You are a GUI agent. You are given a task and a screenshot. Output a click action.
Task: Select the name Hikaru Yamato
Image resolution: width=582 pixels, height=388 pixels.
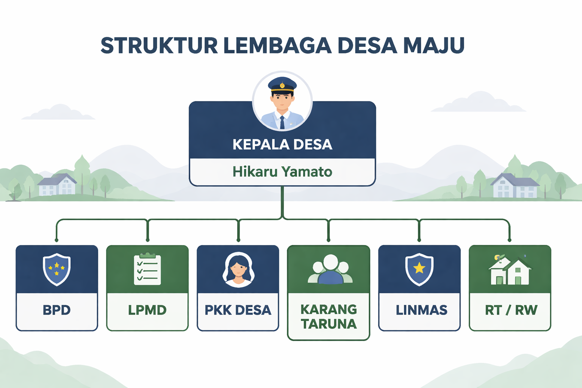282,172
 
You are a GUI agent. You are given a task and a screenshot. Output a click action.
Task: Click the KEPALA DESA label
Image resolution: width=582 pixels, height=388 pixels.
282,144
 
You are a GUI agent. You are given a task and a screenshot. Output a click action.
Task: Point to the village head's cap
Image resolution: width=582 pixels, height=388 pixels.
282,84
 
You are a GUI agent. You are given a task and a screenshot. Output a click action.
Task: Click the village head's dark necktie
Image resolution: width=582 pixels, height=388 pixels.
282,122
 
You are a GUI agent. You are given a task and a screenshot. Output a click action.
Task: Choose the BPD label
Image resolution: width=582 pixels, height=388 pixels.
57,310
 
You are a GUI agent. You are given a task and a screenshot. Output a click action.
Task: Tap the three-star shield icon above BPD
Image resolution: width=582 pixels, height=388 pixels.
57,269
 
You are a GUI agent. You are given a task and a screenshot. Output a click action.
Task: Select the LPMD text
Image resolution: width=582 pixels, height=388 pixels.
147,310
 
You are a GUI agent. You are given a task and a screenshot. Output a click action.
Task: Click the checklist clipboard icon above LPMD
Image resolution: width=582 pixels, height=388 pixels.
147,269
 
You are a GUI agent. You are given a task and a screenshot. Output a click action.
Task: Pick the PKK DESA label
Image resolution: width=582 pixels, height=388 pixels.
238,310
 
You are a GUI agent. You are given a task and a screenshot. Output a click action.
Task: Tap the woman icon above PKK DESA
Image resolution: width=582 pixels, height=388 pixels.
238,270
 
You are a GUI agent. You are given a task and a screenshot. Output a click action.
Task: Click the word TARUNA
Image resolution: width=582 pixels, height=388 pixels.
329,324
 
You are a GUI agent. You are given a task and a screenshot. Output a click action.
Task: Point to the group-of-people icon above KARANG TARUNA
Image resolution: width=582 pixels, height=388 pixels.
330,269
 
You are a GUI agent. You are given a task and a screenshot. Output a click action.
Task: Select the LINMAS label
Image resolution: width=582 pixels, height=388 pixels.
421,310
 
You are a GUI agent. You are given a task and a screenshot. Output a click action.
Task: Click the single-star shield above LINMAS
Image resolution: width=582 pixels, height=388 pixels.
419,269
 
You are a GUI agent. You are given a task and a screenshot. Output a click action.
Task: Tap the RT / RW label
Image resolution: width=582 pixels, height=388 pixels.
511,310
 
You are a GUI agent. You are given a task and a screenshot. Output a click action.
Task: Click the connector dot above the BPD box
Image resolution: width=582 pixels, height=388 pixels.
56,240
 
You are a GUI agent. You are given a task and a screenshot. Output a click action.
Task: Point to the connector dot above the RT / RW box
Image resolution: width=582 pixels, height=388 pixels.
509,240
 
